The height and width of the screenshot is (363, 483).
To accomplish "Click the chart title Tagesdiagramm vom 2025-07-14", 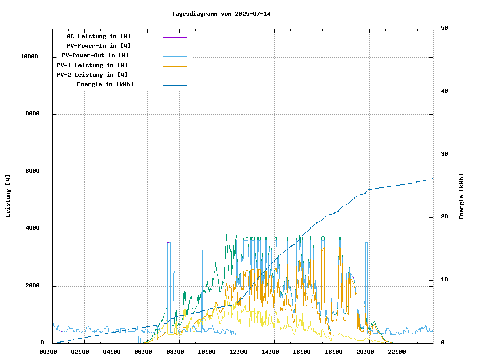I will point(221,14).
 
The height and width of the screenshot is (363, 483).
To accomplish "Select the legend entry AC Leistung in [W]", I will point(99,36).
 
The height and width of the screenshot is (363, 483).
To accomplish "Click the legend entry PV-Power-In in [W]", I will point(99,46).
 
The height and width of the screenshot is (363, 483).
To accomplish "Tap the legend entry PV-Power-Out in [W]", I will point(96,55).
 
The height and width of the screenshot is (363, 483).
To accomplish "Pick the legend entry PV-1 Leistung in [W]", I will point(92,65).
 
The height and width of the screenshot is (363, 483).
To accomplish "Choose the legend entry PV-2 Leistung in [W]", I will point(92,75).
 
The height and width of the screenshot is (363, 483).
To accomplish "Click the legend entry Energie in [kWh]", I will point(105,84).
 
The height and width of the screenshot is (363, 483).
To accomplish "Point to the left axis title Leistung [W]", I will point(8,196).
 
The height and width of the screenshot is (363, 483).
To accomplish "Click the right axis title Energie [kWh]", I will point(461,197).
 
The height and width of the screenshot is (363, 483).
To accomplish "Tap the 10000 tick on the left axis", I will point(29,56).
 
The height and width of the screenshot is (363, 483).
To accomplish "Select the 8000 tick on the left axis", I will point(32,114).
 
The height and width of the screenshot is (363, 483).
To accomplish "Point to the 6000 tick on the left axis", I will point(32,171).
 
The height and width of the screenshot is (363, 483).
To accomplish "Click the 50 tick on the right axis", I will point(444,28).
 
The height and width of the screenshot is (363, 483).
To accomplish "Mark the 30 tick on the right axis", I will point(444,154).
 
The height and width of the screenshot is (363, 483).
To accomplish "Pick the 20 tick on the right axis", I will point(444,217).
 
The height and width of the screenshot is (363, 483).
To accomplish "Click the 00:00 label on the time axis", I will point(48,352).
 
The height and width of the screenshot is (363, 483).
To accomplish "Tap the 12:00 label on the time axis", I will point(238,352).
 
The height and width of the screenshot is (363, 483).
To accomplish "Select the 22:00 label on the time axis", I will point(397,352).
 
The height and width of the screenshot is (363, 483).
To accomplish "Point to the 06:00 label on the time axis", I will point(143,352).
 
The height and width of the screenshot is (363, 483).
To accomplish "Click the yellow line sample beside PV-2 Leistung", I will point(175,76).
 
